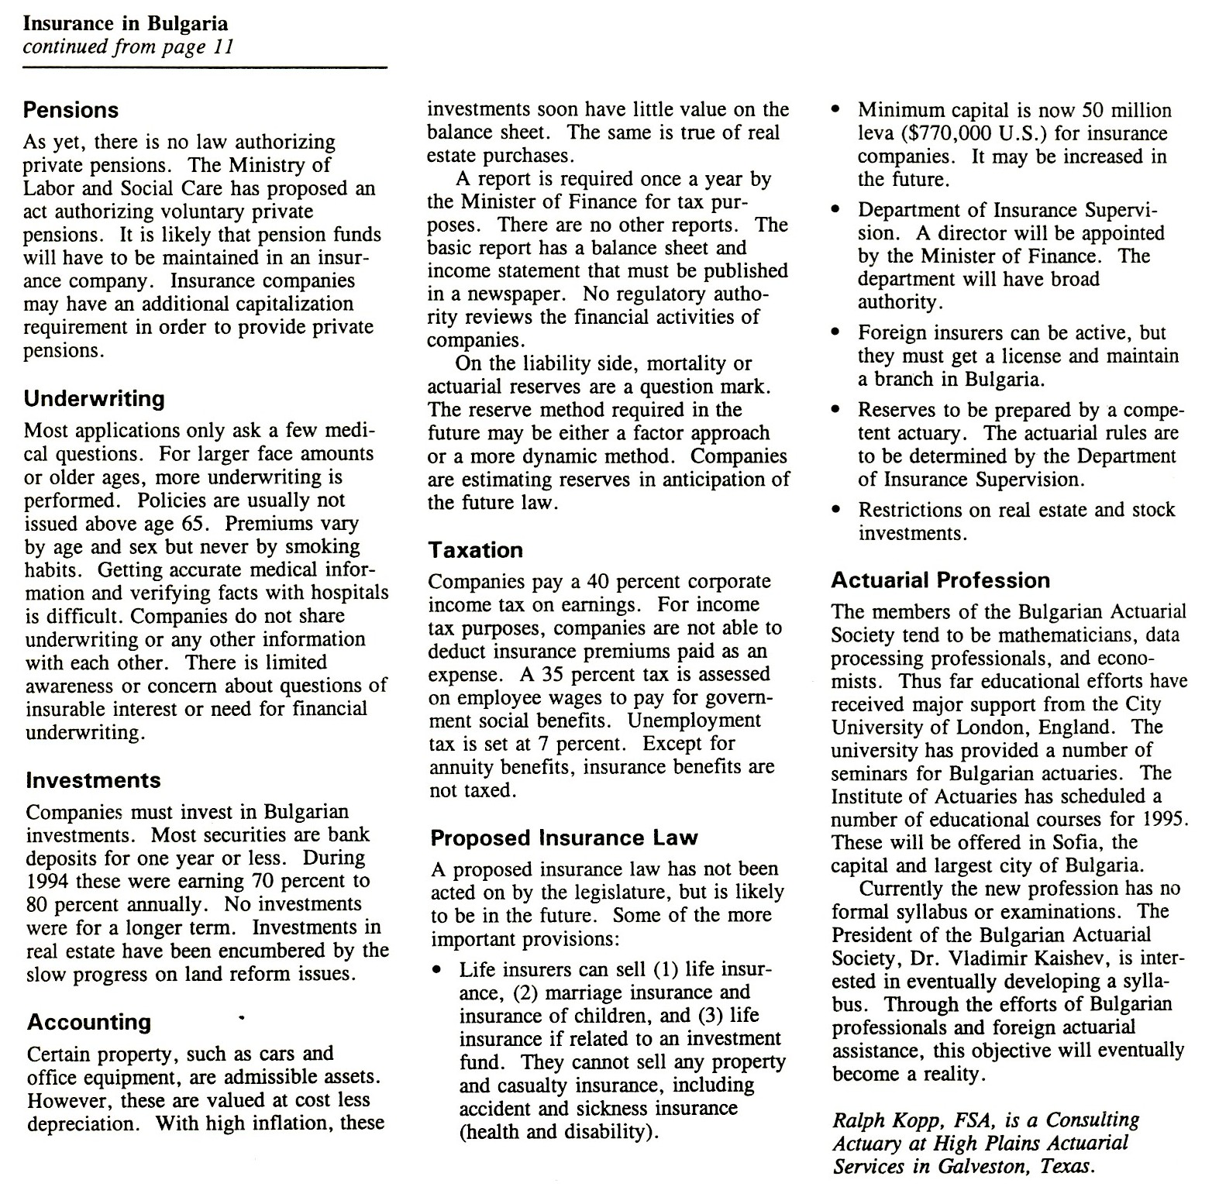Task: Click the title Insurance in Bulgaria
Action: [125, 24]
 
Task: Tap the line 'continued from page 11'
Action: [128, 47]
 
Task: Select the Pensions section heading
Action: [71, 110]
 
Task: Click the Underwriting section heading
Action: [95, 399]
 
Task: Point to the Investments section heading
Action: [93, 780]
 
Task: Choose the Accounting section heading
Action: [89, 1023]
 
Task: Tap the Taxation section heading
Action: [476, 551]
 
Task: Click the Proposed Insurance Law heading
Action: [564, 838]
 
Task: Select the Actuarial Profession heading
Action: [941, 580]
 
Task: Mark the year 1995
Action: [1165, 820]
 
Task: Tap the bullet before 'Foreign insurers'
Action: [835, 333]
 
